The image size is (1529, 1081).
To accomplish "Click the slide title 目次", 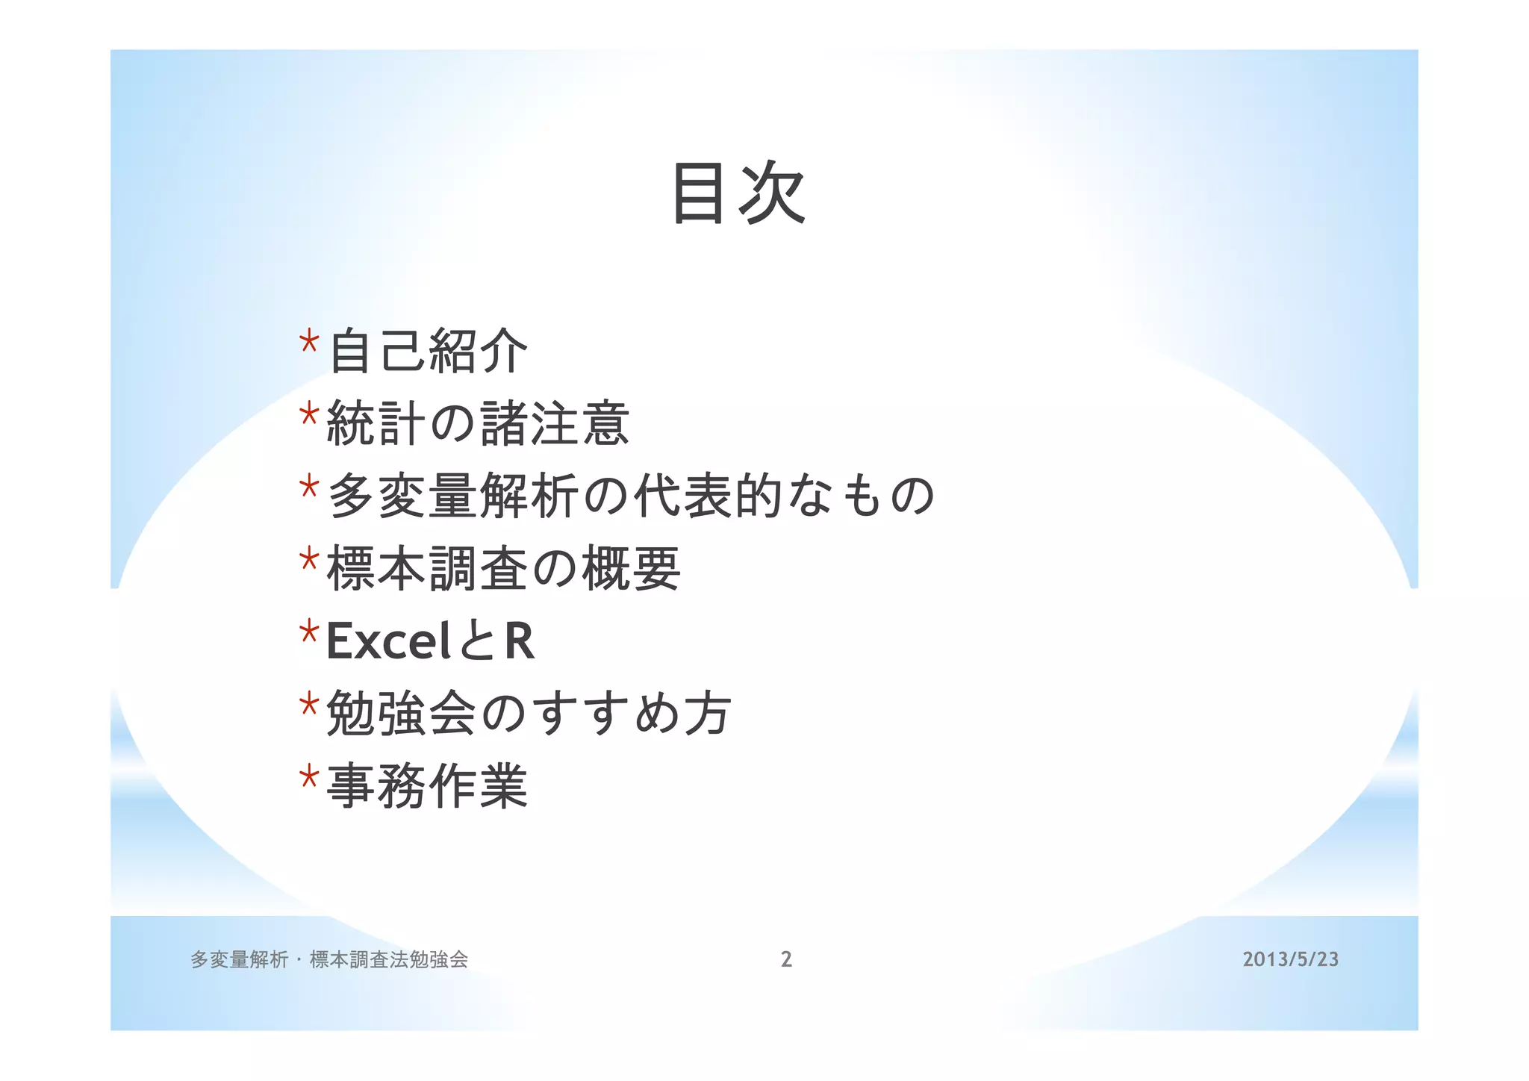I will (x=738, y=193).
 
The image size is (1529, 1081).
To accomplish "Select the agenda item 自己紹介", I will (x=428, y=351).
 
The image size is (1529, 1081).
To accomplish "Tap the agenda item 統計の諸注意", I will (x=479, y=423).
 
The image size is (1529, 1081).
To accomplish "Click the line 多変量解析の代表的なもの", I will (x=631, y=496).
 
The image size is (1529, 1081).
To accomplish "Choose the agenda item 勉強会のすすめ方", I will (x=529, y=713).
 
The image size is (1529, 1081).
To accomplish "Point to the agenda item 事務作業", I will (x=428, y=785).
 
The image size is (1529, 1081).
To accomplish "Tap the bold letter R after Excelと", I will (x=520, y=641).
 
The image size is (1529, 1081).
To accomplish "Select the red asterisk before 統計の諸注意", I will (x=309, y=414).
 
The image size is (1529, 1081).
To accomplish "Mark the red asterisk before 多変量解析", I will (x=309, y=487).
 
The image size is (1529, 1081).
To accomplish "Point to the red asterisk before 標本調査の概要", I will (x=309, y=559).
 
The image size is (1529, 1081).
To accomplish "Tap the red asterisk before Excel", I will (x=309, y=632).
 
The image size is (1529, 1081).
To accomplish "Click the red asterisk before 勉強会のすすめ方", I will (x=309, y=704).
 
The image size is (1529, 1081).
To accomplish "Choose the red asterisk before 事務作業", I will (x=309, y=776).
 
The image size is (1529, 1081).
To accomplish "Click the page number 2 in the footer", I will (x=786, y=959).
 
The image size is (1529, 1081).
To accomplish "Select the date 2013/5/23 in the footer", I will (x=1290, y=959).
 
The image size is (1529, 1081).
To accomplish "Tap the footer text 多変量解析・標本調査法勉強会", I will (x=329, y=959).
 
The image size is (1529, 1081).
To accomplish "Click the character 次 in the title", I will (x=772, y=193).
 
